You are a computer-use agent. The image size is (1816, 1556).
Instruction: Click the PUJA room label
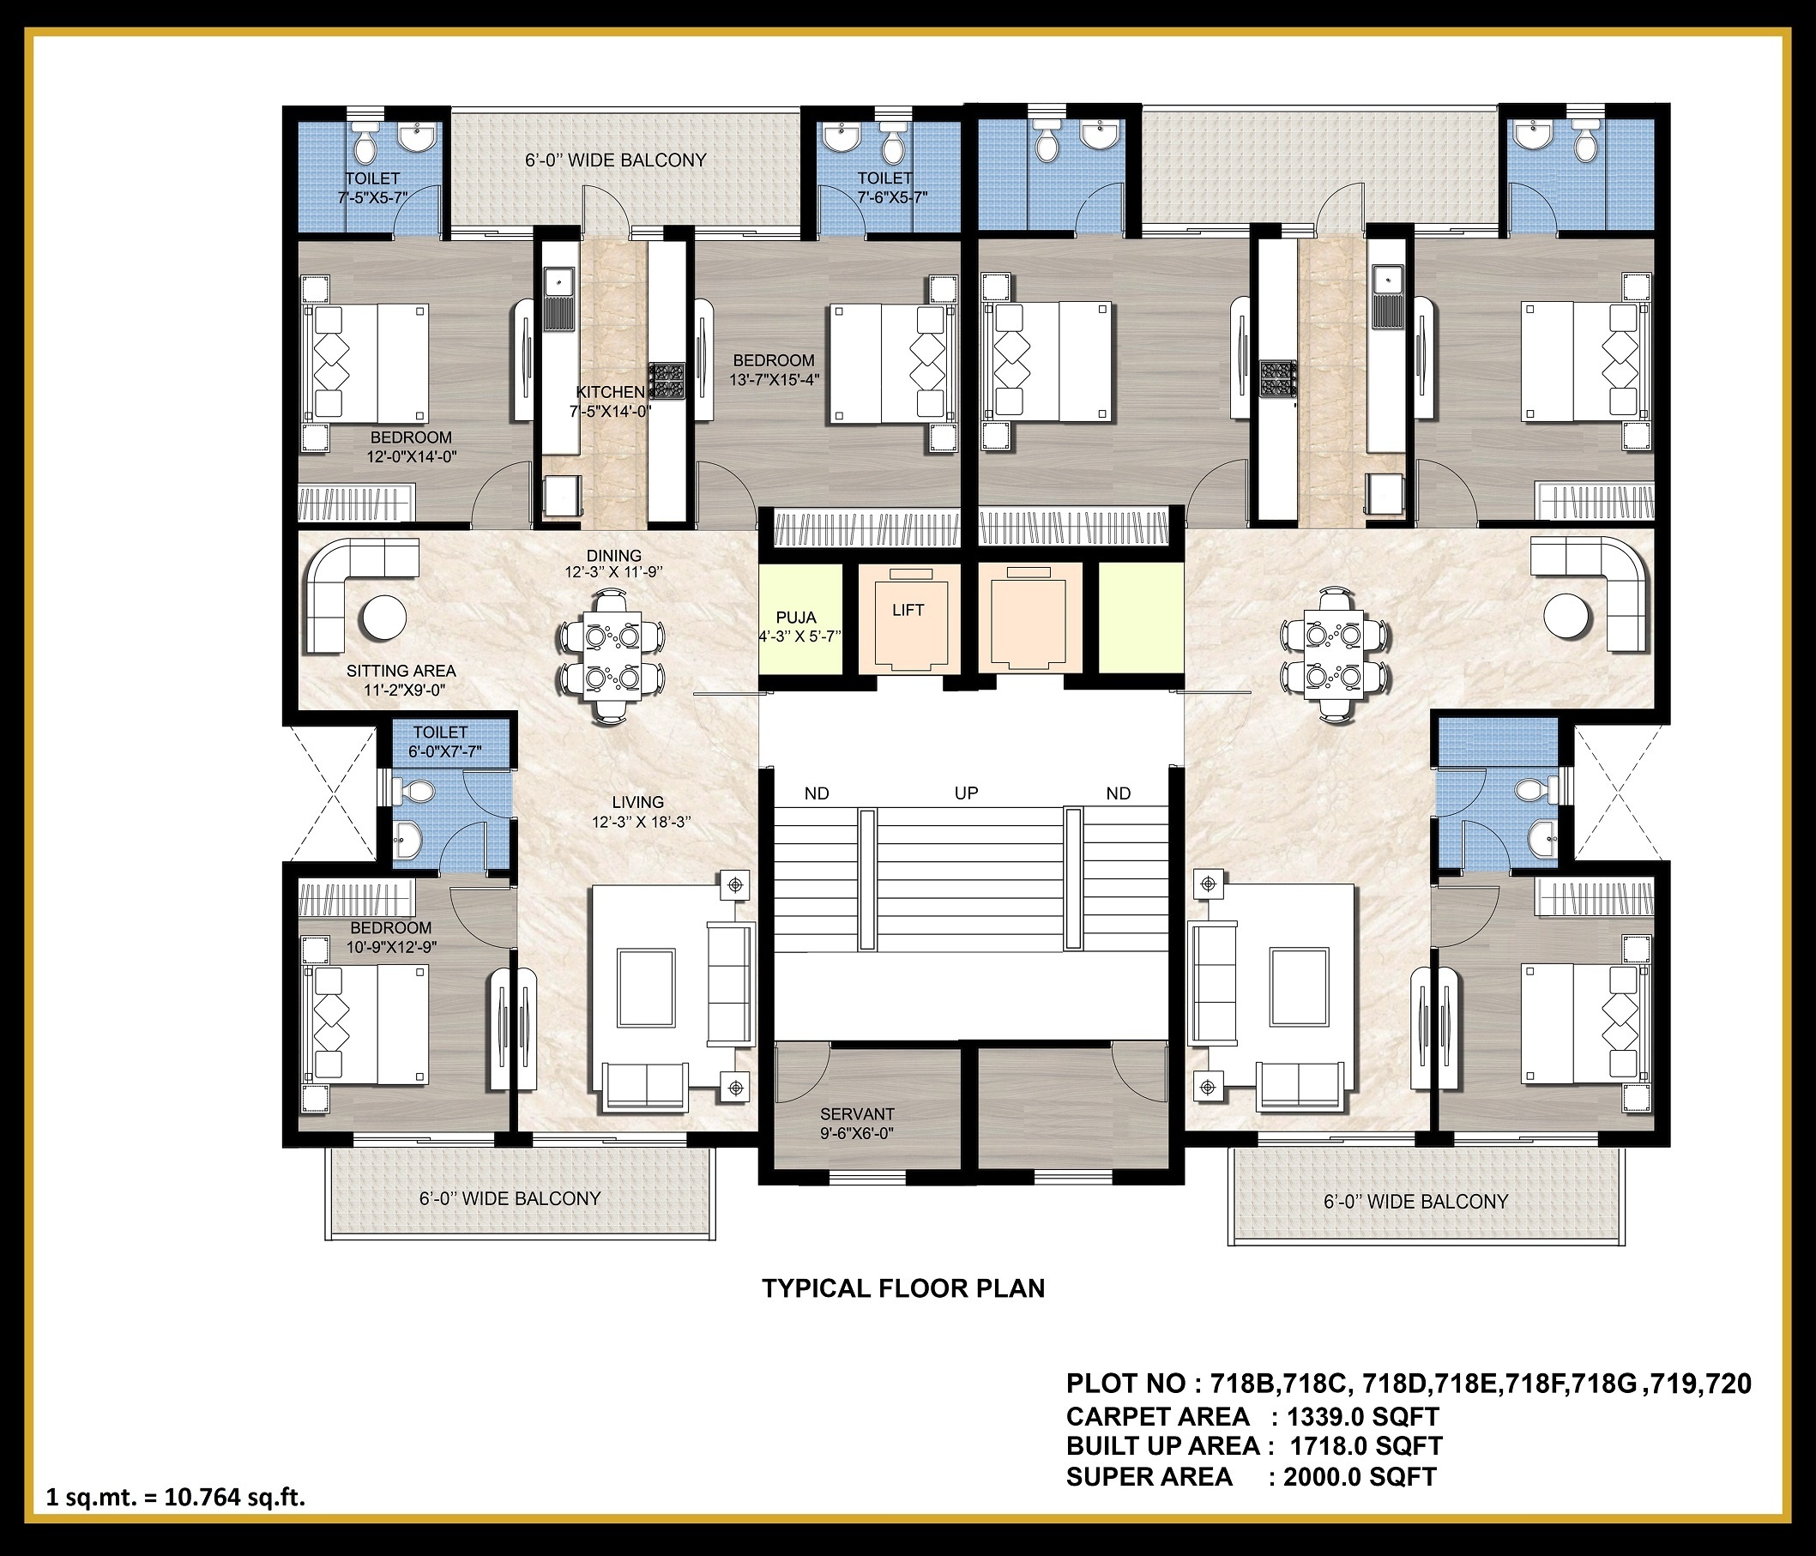[x=796, y=617]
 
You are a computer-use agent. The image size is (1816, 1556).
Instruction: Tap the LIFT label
[x=908, y=610]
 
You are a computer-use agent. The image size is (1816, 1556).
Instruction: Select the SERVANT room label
[x=857, y=1114]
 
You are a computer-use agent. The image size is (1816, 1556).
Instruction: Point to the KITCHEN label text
[x=610, y=392]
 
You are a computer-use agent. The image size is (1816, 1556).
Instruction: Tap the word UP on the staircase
[x=966, y=793]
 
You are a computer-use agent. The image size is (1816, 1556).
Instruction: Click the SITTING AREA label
[x=401, y=671]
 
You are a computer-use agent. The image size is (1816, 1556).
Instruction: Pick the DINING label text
[x=613, y=556]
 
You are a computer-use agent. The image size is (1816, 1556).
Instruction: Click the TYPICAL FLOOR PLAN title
[x=903, y=1288]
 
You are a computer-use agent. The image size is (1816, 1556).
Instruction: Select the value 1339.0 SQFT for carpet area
[x=1363, y=1417]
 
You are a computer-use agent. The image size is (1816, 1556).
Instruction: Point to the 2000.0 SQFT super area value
[x=1360, y=1477]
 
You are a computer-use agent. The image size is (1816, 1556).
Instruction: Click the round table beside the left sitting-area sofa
[x=383, y=618]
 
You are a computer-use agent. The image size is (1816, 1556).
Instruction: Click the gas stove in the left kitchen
[x=667, y=382]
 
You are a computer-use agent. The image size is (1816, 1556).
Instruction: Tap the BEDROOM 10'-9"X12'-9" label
[x=391, y=937]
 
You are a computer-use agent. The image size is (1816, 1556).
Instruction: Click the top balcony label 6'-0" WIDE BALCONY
[x=615, y=160]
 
